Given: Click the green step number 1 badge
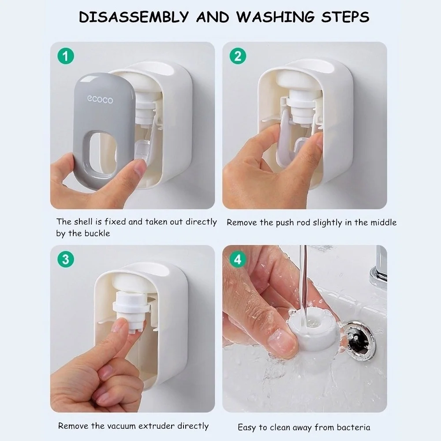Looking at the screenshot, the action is click(x=66, y=56).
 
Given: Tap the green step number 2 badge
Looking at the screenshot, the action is click(x=238, y=56).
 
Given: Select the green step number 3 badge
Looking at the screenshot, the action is click(x=66, y=259).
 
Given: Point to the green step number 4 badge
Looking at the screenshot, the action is click(x=238, y=259).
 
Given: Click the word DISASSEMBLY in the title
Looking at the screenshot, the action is click(x=134, y=17).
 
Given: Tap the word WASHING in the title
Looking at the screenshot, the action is click(x=276, y=17).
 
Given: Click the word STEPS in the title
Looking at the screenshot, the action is click(x=345, y=17).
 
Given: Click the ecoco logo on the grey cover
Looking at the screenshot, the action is click(x=100, y=100).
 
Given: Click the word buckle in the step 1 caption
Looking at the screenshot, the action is click(x=97, y=233).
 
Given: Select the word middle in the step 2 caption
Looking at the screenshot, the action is click(x=383, y=222).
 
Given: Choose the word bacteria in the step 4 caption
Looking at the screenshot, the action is click(x=353, y=427).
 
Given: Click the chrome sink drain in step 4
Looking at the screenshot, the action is click(x=360, y=340).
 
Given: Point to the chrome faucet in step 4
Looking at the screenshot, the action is click(x=379, y=267).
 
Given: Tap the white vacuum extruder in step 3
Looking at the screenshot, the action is click(x=130, y=310).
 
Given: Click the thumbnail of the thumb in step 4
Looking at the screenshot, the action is click(x=282, y=340).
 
